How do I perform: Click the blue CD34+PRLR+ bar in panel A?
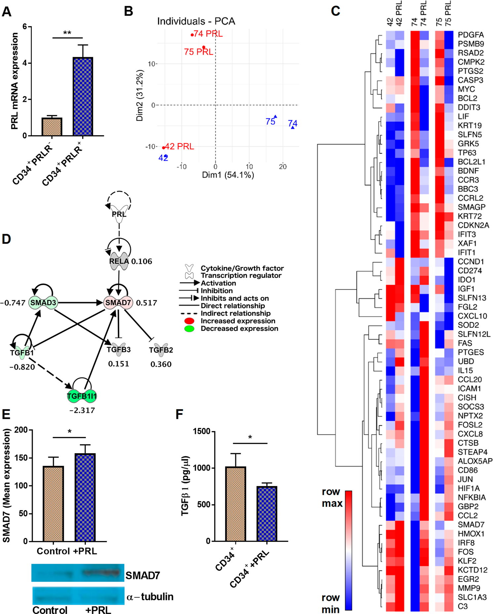83,97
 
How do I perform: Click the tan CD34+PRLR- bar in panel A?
52,127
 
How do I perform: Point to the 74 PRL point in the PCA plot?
192,35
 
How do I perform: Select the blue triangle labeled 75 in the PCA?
276,116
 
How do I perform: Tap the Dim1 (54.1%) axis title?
228,175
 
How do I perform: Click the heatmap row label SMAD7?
471,525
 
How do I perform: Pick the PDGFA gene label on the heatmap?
471,35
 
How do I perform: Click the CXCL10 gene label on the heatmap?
472,316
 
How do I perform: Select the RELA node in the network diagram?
119,261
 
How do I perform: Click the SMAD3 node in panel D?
43,303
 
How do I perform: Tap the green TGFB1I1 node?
82,396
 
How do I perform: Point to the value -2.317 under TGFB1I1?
82,410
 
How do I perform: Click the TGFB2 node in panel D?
161,350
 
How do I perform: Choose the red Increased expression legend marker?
189,321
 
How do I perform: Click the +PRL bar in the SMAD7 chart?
85,497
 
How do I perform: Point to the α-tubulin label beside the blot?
150,597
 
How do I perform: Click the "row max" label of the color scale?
332,498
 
